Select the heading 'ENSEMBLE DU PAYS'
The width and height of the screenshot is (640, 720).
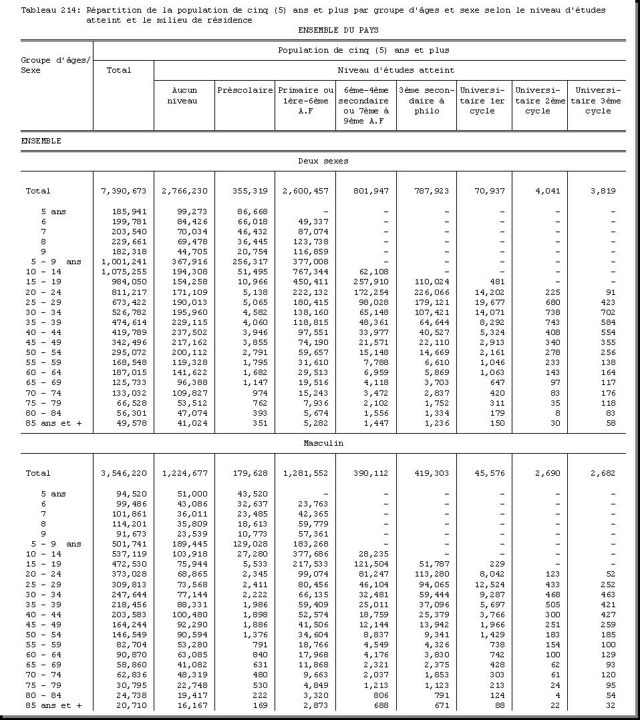tap(338, 30)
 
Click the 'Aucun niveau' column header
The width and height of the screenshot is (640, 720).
tap(184, 95)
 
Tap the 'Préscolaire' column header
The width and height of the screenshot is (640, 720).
tap(245, 90)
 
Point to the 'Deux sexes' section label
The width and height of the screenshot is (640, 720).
tap(323, 161)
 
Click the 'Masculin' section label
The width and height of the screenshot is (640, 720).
tap(323, 443)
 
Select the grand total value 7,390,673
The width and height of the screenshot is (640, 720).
tap(124, 191)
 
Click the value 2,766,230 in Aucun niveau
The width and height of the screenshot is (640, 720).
tap(184, 191)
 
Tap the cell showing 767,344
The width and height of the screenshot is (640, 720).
tap(310, 272)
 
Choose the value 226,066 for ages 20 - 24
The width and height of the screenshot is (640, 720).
tap(432, 292)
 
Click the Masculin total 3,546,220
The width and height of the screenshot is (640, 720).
tap(124, 473)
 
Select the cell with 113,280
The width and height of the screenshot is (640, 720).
tap(432, 575)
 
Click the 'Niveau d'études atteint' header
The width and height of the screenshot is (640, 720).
tap(395, 70)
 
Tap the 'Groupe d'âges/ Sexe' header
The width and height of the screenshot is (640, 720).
tap(55, 65)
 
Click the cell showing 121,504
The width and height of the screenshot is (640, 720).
tap(371, 565)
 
